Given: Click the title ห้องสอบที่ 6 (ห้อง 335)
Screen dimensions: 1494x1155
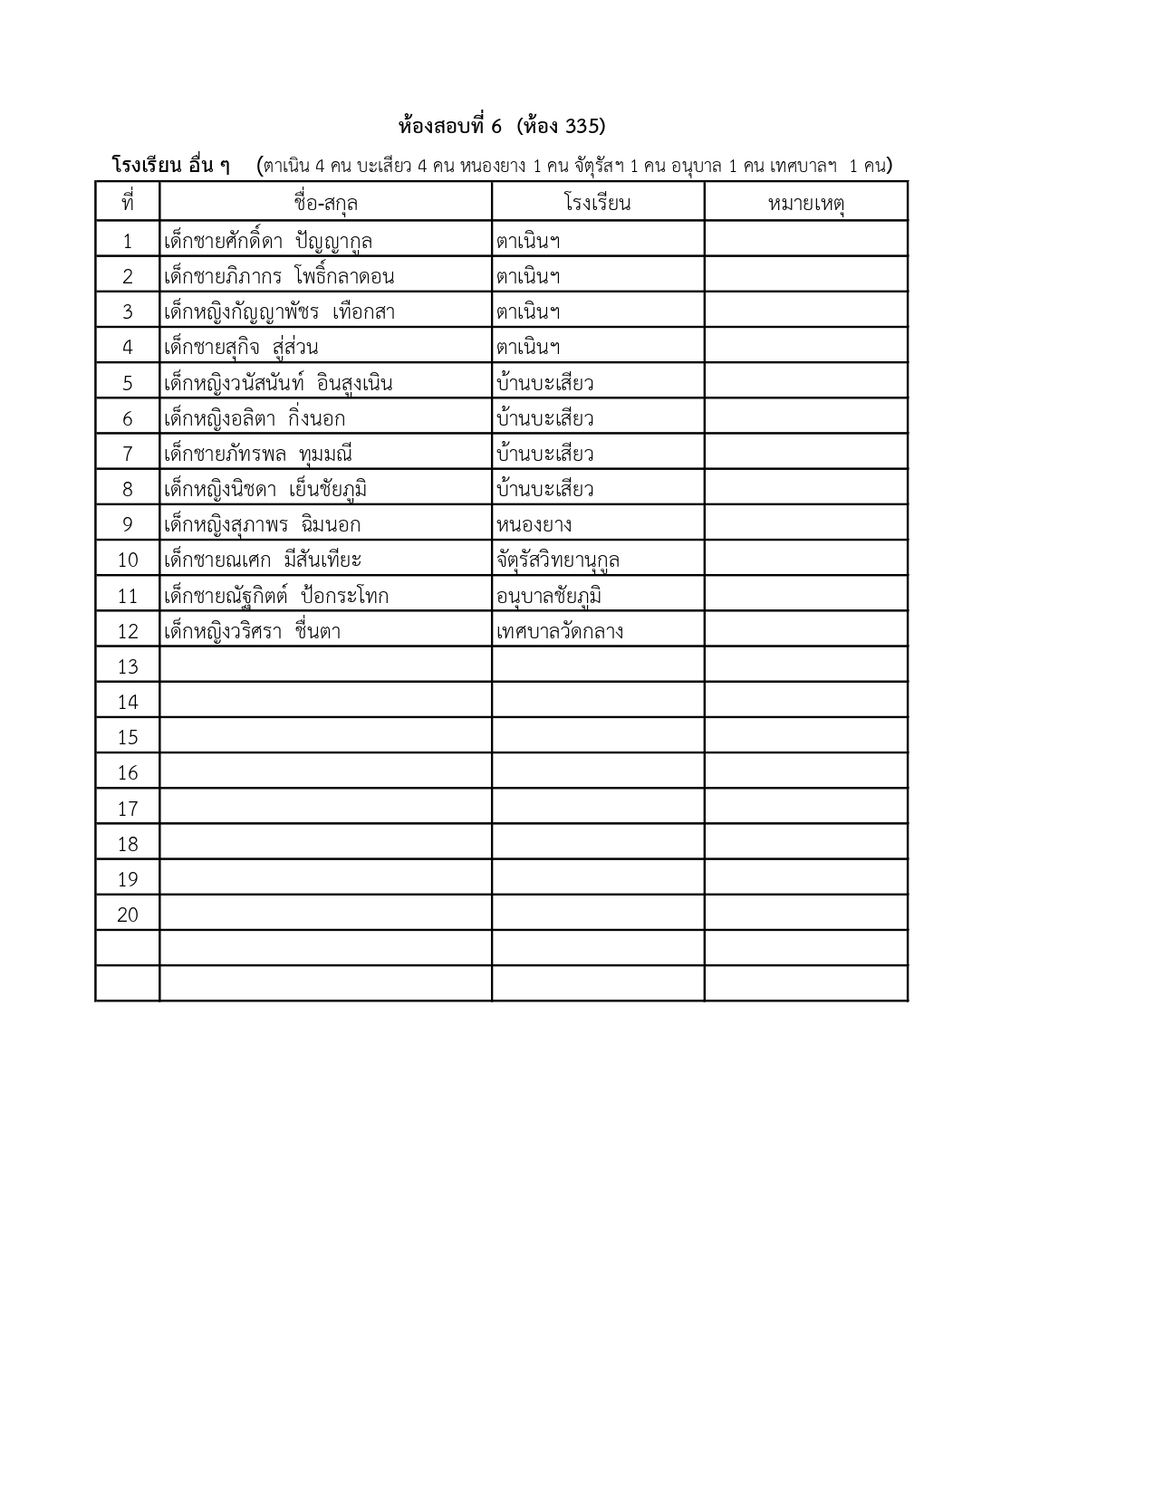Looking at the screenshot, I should pos(502,126).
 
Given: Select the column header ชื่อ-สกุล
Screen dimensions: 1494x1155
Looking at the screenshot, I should pos(325,202).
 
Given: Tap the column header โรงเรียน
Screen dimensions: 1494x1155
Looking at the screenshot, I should pos(597,202).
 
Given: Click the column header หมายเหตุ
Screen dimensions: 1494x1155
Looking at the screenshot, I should pos(805,202).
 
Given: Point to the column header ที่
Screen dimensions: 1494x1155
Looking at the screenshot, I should pos(127,202).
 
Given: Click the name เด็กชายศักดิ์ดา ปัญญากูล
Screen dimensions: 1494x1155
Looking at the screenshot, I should pos(268,241).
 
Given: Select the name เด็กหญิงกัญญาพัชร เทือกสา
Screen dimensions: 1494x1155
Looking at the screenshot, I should pos(279,311).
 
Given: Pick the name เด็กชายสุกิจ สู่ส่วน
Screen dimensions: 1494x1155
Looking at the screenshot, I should pos(241,348).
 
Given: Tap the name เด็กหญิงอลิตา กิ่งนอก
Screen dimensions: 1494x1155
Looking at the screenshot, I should pos(255,418).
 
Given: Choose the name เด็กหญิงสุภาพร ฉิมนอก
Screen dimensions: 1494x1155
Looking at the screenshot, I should pos(262,524).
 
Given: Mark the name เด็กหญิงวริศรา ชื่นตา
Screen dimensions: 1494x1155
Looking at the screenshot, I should pos(252,631).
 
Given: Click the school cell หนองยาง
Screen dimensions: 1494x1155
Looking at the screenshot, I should pos(534,524).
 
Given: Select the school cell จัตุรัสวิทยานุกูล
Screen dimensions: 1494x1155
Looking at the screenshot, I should pos(557,560).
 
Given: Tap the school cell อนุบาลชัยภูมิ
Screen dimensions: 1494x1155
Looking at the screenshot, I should pos(549,596).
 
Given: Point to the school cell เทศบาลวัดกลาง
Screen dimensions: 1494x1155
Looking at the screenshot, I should pos(559,631).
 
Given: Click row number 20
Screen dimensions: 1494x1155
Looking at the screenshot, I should pos(128,915).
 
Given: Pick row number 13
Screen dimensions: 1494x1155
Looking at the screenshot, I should pos(128,666).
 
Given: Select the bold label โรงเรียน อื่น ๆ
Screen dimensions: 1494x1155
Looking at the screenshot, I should pos(170,166).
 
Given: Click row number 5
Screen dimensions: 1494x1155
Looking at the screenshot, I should pos(128,383).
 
